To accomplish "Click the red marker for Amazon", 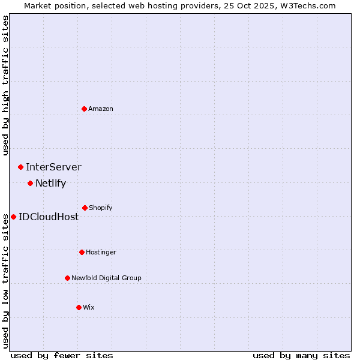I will [x=85, y=109].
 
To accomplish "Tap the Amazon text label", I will [x=101, y=109].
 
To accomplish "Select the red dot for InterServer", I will [x=20, y=167].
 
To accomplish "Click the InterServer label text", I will [x=53, y=167].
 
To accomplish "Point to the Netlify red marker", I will [x=30, y=183].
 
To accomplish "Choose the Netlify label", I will [x=50, y=184].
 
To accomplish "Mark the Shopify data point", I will [x=85, y=208].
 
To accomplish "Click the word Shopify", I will [x=101, y=208].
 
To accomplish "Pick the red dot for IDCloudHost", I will [x=13, y=217].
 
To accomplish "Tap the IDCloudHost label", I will [x=49, y=217].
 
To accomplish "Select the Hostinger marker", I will [x=82, y=252].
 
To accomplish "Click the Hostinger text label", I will [x=101, y=253].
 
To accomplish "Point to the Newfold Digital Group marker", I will [x=67, y=278].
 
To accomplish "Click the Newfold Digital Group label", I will [x=106, y=278].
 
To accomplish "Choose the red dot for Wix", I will [x=79, y=307].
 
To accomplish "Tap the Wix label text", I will [x=89, y=308].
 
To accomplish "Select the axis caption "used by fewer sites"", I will [x=62, y=355].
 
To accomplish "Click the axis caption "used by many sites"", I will [x=301, y=355].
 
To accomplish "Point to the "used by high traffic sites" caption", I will [x=5, y=85].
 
